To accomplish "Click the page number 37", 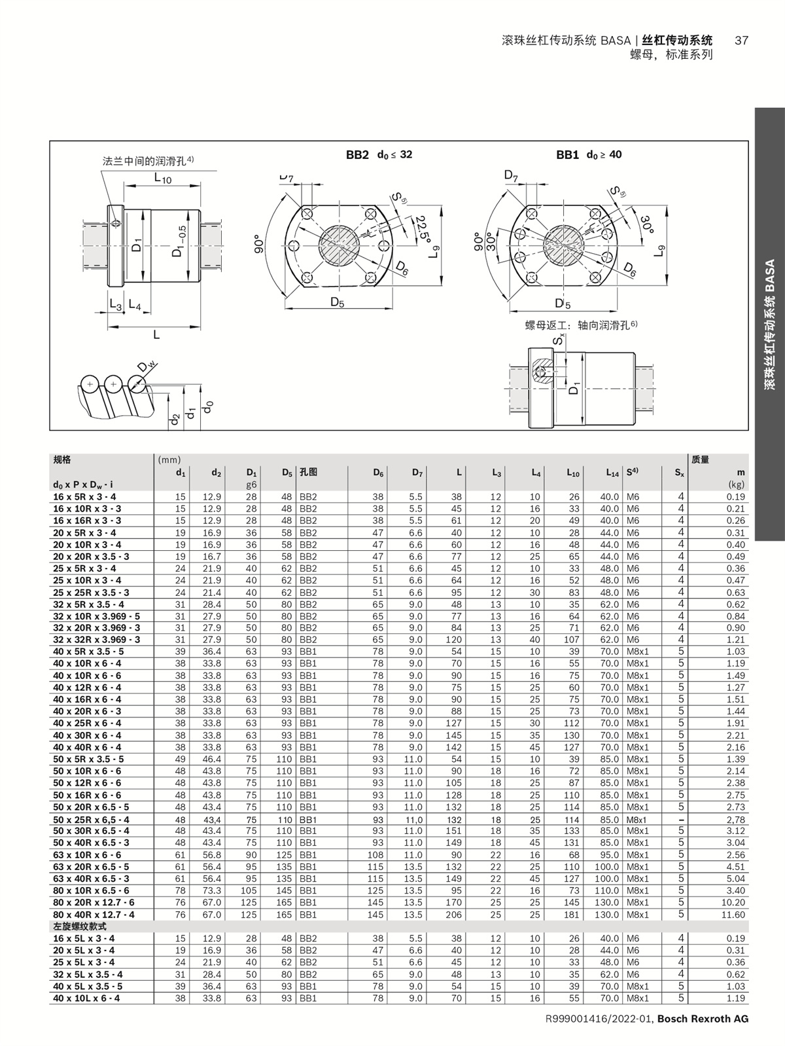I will click(741, 41).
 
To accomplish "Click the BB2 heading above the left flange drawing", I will click(357, 155).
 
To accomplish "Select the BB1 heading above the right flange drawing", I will click(567, 155).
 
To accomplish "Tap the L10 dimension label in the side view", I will click(163, 178).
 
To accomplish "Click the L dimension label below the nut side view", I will click(156, 334).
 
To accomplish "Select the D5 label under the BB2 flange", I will click(337, 302).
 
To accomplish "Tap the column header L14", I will click(610, 472).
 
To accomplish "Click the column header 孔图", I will click(309, 472).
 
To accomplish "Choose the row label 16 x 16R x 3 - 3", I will click(87, 521).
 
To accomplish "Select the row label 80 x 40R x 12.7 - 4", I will click(94, 915).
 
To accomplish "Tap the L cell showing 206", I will click(454, 915).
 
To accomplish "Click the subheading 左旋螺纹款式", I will click(79, 926).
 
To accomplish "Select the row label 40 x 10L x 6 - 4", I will click(87, 998).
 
